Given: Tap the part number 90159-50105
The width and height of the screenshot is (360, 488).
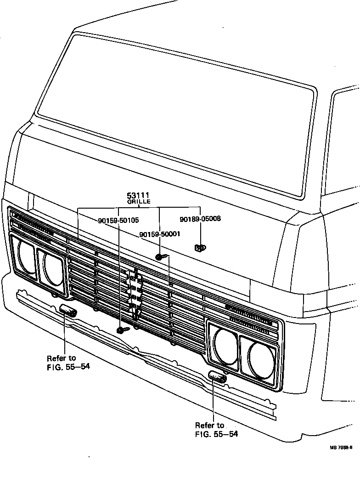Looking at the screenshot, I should point(118,221).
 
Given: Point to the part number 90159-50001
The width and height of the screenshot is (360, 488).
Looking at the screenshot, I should point(159,234).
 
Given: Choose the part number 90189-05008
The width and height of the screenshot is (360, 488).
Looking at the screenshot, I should point(200,219).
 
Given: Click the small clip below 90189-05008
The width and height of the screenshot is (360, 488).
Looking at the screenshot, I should point(200,248).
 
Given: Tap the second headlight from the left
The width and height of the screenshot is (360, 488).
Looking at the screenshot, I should point(52,268).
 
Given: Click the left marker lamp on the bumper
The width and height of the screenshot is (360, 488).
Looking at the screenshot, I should point(68,311).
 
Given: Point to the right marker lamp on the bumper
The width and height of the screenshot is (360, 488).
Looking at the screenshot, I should point(217,377).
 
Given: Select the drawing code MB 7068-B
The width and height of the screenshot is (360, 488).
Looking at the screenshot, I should point(340,447).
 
